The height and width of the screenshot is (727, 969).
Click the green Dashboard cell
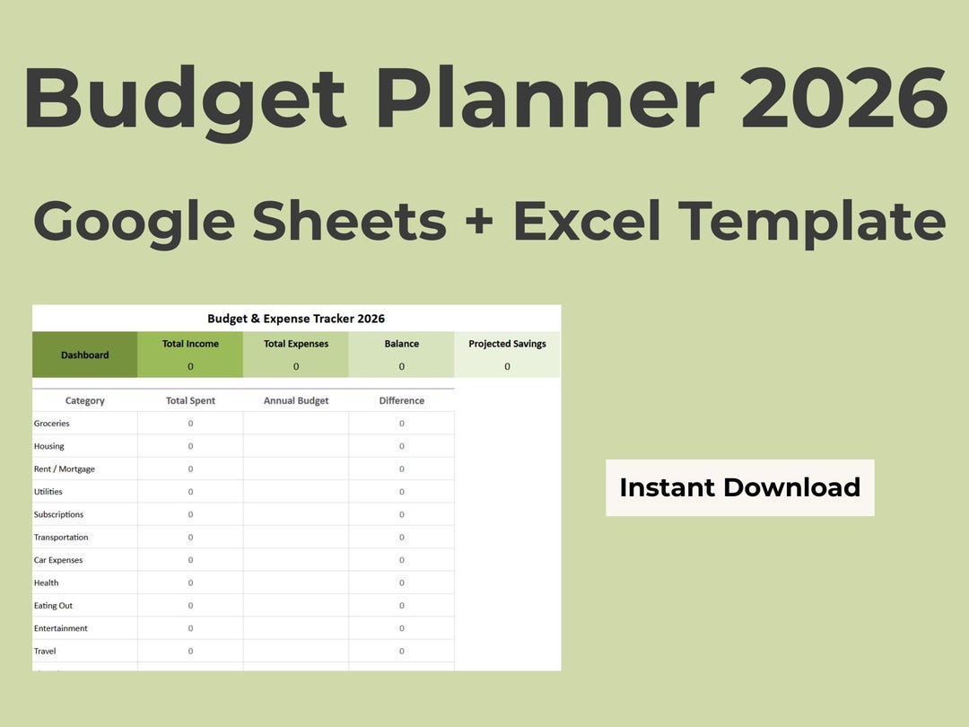point(85,355)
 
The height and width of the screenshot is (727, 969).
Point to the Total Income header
point(190,344)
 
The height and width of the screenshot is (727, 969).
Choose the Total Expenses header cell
point(296,344)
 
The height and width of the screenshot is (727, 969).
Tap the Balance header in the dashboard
point(402,344)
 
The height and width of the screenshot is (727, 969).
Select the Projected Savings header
point(507,344)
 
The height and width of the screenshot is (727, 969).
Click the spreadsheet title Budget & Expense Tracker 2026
point(296,319)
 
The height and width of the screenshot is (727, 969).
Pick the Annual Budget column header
point(296,401)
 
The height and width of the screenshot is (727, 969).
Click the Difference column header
point(402,401)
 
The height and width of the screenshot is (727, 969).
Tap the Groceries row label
point(52,424)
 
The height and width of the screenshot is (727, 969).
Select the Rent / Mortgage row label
point(65,469)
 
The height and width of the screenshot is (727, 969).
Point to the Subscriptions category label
point(59,515)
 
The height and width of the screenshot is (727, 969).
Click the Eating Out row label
point(54,606)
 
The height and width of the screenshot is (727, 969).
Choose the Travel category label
point(45,652)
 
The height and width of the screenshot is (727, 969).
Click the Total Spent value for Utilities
point(190,492)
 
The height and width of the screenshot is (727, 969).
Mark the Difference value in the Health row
point(402,583)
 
